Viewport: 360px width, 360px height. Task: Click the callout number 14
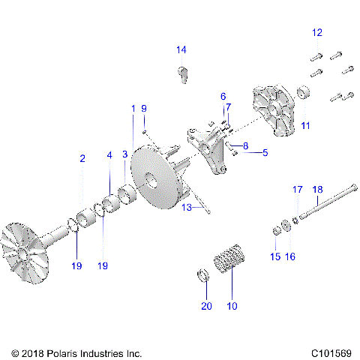181,50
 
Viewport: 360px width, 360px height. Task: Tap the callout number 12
317,32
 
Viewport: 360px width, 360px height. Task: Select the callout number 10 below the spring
232,306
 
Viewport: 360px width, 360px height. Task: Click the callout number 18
317,189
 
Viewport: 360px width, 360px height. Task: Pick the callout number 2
82,158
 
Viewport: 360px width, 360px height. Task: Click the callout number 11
305,125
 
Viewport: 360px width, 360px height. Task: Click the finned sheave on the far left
30,251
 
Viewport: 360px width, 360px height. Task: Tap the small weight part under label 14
181,74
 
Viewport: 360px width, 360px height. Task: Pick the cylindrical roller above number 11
304,95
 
